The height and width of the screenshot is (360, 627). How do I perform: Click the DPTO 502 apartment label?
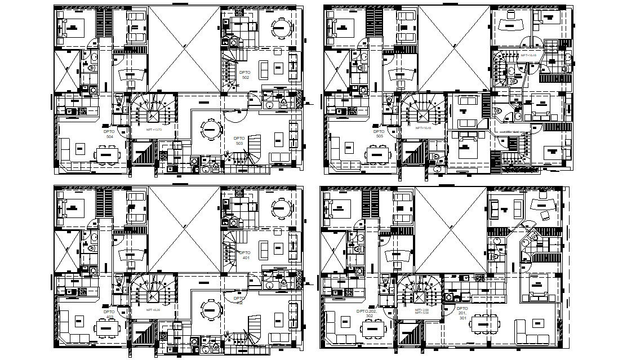[x=244, y=75]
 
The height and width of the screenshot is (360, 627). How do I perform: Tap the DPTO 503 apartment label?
[x=239, y=141]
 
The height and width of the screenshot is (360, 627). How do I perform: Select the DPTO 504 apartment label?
[x=109, y=133]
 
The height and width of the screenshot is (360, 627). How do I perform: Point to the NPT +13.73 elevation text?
[x=153, y=130]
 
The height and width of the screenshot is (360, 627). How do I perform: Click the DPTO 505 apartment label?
[x=379, y=133]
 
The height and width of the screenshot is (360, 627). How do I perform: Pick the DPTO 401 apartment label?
[x=245, y=255]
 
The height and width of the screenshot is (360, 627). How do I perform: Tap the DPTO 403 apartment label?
[x=109, y=313]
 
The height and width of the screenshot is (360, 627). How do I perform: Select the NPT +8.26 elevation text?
[x=153, y=310]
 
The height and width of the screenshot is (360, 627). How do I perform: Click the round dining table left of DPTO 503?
[x=210, y=130]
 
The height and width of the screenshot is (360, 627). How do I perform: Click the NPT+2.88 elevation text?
[x=422, y=309]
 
